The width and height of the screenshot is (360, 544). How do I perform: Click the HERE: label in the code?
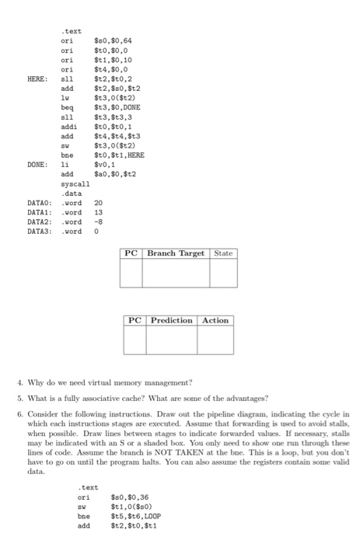(x=38, y=78)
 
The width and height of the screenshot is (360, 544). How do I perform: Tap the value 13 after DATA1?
(x=99, y=212)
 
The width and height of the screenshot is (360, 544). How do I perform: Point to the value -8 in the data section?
(x=99, y=221)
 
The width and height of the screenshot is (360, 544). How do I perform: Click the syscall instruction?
(x=75, y=184)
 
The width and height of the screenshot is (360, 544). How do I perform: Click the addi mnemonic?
(x=69, y=127)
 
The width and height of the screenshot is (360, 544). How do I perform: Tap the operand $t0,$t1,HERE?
(x=119, y=155)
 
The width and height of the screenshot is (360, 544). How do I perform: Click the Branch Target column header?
(x=177, y=253)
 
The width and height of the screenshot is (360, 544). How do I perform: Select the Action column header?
(x=215, y=320)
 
